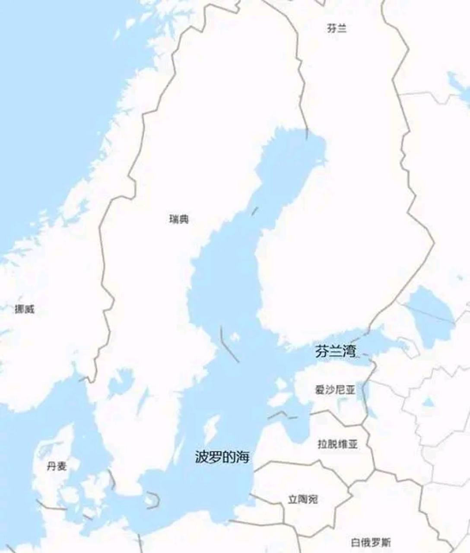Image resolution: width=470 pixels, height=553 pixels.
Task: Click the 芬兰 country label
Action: (337, 29)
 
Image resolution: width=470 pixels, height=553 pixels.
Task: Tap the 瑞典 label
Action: (179, 219)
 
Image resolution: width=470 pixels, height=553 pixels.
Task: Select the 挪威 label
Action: (24, 309)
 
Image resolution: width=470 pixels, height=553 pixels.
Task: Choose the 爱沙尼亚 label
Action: (335, 390)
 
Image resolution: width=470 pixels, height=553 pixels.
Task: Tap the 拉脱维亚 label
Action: (338, 444)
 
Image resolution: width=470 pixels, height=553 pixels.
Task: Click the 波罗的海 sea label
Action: (222, 457)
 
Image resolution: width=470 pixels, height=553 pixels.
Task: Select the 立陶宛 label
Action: (303, 499)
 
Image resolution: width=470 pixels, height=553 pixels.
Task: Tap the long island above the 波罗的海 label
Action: (212, 429)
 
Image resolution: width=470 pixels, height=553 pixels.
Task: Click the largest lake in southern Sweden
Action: (121, 383)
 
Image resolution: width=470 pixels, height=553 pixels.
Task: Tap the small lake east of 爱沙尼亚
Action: (428, 403)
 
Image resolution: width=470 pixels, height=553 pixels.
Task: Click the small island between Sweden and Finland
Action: (235, 337)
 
